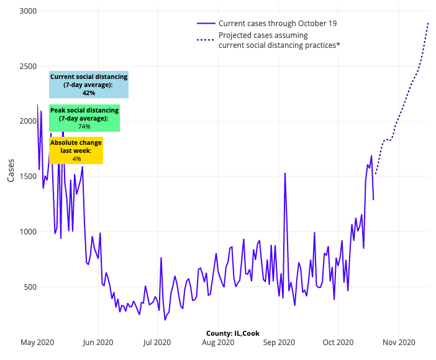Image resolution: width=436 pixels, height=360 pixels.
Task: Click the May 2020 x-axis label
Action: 37,343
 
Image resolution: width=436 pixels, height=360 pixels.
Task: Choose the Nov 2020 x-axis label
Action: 399,343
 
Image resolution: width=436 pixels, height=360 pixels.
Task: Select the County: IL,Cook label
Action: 233,333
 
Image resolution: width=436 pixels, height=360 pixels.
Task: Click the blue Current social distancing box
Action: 89,85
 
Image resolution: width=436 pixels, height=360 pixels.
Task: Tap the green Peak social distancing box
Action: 84,118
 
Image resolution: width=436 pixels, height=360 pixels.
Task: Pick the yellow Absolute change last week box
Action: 76,150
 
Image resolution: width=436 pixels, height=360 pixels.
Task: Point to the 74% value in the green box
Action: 84,126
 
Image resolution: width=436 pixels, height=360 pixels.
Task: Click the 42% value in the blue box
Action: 89,93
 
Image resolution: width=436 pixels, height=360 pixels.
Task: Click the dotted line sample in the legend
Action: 206,40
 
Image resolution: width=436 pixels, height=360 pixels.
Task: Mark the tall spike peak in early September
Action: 285,173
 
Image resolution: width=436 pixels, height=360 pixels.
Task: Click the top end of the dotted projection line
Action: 429,22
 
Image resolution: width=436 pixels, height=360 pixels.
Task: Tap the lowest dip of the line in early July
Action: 165,320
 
